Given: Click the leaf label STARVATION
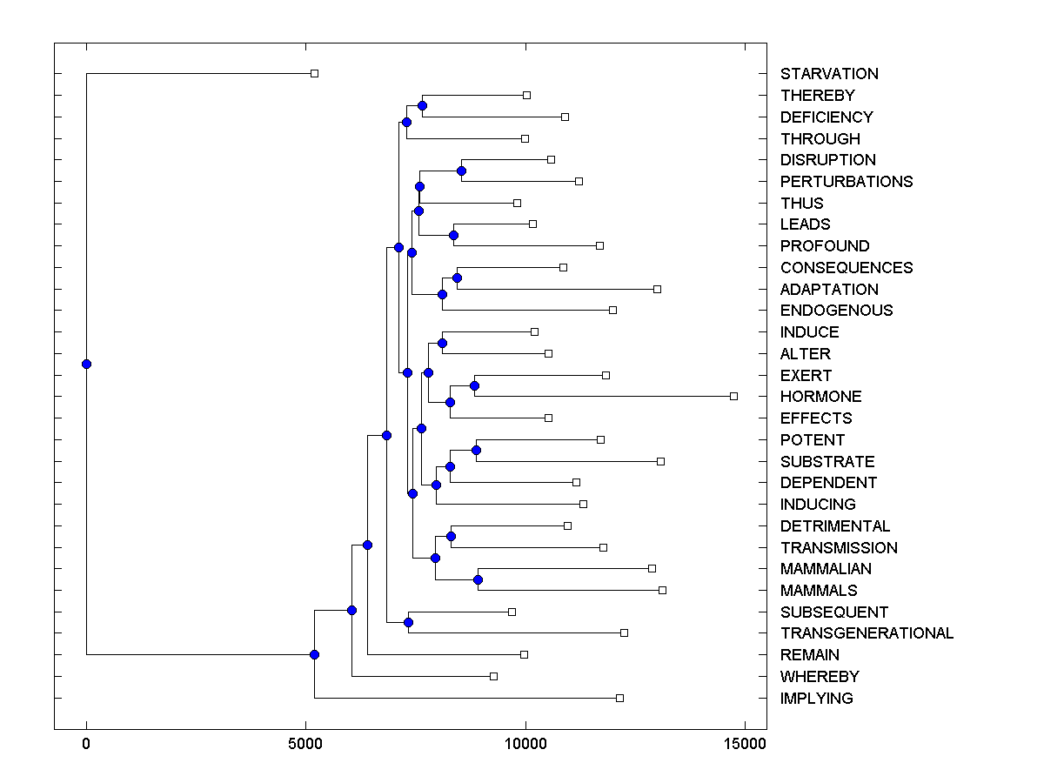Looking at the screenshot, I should click(829, 74).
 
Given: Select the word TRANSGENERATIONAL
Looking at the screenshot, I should click(867, 633).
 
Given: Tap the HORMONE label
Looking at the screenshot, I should click(820, 397).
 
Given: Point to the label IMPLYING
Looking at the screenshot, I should click(816, 699).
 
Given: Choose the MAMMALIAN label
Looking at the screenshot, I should click(826, 569).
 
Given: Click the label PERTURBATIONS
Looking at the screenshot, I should click(847, 182).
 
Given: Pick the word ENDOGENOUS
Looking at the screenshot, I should click(836, 311).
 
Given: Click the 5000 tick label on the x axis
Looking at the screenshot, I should click(305, 744).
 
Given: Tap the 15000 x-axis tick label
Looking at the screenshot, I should click(744, 744).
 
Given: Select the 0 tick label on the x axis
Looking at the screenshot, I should click(86, 744).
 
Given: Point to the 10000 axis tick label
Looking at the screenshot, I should click(525, 744).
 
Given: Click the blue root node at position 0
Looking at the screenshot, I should click(86, 364).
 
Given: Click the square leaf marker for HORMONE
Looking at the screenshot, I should click(733, 396).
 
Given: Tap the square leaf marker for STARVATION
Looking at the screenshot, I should click(315, 73).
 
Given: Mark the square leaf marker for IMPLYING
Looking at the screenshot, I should click(619, 698).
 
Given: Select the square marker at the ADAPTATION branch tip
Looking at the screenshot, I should click(657, 289).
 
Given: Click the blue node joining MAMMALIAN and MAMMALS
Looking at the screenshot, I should click(478, 579).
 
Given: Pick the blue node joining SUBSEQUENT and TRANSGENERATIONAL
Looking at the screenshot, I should click(408, 622).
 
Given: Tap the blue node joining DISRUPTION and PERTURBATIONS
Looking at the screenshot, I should click(461, 171).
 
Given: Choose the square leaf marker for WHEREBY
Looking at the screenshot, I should click(493, 676).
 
